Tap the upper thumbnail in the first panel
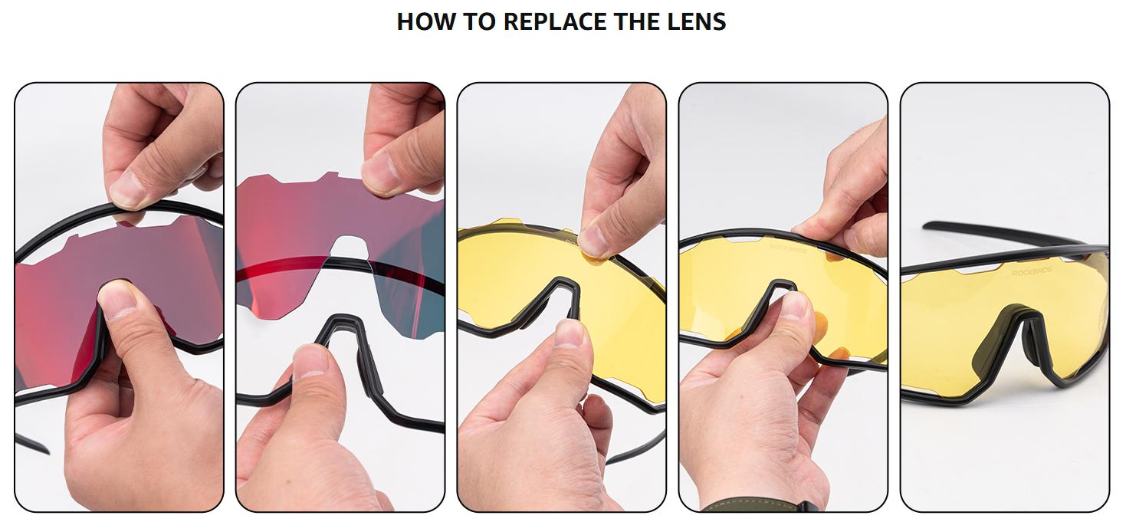point(128,190)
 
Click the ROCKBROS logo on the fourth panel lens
point(788,248)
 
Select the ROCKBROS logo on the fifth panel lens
point(1032,271)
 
